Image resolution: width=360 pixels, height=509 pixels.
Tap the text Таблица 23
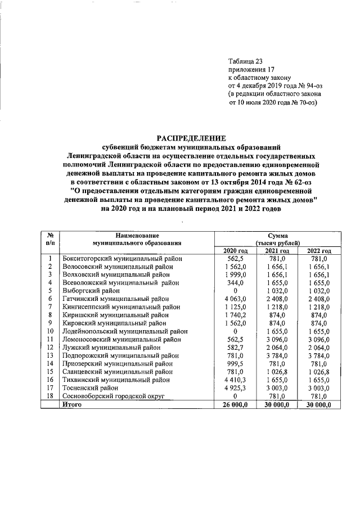pos(245,61)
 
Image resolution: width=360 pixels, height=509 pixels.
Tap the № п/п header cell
pos(50,239)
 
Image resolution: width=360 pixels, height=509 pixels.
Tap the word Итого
pos(72,404)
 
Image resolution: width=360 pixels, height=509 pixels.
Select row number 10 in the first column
pos(50,331)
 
